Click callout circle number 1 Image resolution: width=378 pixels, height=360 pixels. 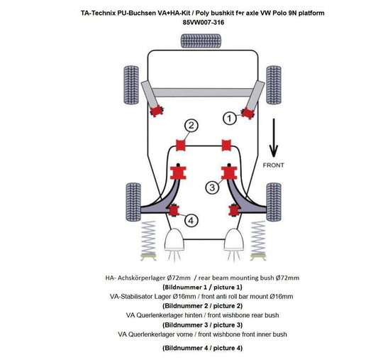230,118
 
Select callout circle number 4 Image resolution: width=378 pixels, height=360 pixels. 191,220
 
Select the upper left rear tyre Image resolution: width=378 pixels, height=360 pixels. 132,82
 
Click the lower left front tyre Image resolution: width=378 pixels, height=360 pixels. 132,199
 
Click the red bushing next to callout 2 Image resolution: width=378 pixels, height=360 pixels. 180,146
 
